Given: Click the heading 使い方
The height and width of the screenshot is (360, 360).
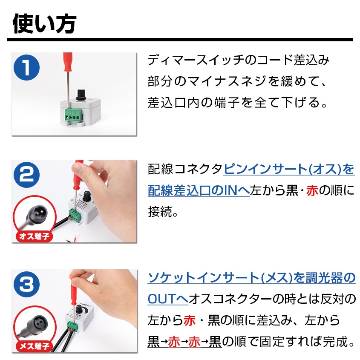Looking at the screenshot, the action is point(44,24).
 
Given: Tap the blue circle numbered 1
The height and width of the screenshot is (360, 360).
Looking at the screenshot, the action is point(27,67).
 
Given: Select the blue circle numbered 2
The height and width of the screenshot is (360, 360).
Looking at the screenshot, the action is point(27,175).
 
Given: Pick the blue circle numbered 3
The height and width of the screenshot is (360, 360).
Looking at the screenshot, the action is point(27,285).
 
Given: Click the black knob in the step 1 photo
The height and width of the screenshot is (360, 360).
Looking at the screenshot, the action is point(81,94).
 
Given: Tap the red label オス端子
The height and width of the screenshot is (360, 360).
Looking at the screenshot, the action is point(34,236).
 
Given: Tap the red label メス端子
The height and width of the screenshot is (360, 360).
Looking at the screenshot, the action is point(34,346).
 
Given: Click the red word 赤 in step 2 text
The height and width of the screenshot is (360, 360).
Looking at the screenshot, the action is point(312,191).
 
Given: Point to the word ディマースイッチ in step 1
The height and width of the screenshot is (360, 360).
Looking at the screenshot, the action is point(196,60).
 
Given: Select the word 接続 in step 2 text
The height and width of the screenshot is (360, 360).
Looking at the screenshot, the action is point(160,212).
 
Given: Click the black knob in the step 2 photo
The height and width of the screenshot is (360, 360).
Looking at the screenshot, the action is point(87,196).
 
